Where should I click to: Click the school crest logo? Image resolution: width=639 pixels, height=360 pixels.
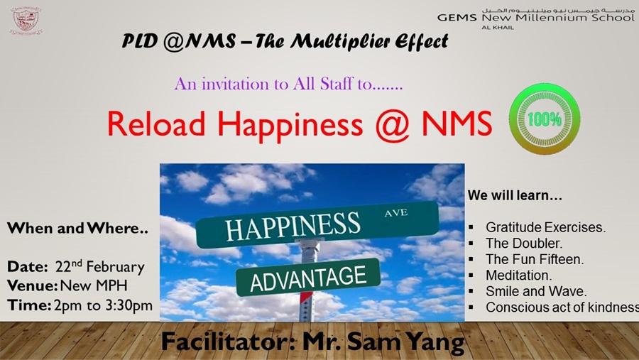(x=26, y=21)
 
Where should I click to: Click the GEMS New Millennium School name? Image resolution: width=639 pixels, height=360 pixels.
(x=536, y=18)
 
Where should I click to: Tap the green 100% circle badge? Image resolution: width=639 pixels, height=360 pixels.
(x=545, y=119)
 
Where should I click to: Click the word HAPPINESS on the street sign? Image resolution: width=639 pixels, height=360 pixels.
(x=293, y=226)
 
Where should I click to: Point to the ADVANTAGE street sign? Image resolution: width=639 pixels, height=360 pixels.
(x=308, y=277)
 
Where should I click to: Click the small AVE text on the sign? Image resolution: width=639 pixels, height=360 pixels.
(x=395, y=212)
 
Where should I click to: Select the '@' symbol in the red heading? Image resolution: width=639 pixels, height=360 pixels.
(x=393, y=124)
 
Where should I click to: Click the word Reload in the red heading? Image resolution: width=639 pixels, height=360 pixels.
(x=156, y=124)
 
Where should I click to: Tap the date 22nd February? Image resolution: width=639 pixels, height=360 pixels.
(x=100, y=267)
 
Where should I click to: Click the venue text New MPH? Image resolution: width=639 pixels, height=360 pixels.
(x=94, y=285)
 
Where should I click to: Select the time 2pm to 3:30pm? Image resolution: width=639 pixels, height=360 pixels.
(x=103, y=305)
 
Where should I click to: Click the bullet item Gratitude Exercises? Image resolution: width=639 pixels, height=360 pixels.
(x=545, y=227)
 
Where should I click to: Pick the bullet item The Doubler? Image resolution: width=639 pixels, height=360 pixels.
(x=524, y=244)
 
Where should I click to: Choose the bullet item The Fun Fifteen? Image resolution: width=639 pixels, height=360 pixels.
(x=535, y=259)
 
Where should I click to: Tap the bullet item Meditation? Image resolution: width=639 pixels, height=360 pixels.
(x=518, y=276)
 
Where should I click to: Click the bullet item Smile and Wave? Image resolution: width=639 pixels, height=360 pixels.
(x=536, y=291)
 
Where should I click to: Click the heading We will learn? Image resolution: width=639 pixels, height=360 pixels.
(x=515, y=195)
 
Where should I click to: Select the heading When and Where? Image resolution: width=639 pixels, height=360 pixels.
(x=77, y=229)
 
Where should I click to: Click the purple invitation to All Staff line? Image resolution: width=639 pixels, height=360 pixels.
(x=288, y=84)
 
